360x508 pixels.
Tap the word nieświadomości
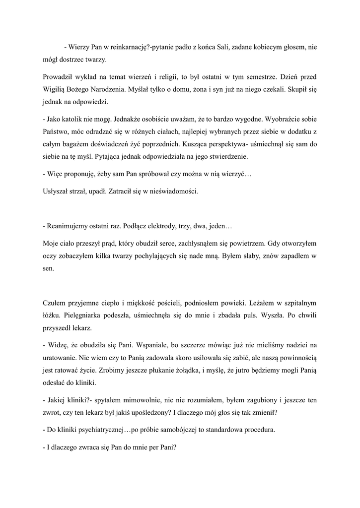[x=173, y=191]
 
